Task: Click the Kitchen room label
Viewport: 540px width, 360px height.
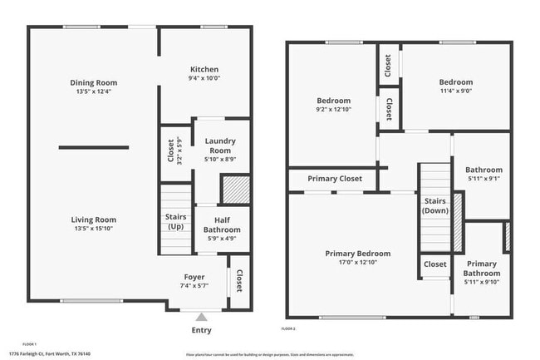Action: (x=204, y=70)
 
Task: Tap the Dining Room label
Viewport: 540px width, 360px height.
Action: (x=93, y=82)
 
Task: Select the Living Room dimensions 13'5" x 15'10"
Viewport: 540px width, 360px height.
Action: (x=93, y=229)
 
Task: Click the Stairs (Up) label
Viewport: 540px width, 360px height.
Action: (x=175, y=222)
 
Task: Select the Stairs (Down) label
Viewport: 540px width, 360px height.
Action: (x=435, y=205)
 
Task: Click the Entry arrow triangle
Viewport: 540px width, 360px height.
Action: (x=200, y=316)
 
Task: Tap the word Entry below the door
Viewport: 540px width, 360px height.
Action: (x=201, y=330)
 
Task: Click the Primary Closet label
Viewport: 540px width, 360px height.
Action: (x=334, y=179)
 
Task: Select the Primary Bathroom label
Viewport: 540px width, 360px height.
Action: (x=481, y=269)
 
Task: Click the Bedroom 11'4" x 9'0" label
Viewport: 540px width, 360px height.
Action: (x=455, y=82)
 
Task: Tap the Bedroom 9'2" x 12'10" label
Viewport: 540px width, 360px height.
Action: (x=332, y=101)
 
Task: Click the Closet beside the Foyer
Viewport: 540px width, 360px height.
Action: (x=239, y=282)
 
